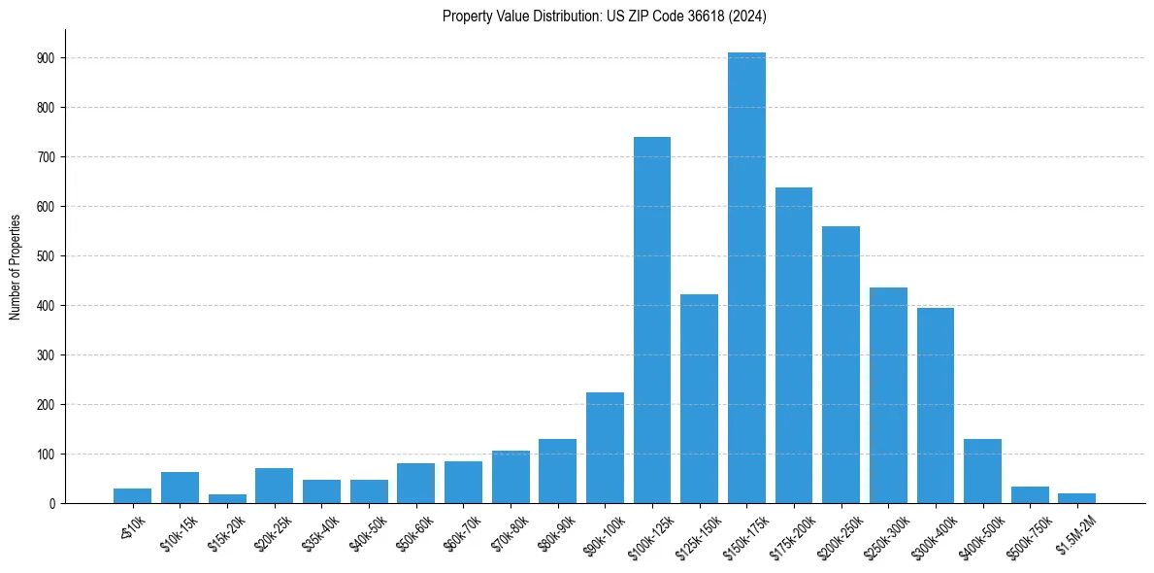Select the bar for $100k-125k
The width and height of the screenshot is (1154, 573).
click(x=652, y=320)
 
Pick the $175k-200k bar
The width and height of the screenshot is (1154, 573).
click(x=794, y=345)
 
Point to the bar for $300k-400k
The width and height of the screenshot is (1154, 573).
click(x=936, y=405)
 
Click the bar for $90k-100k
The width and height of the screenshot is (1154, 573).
click(x=605, y=448)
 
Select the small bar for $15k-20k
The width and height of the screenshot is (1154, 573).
click(x=227, y=498)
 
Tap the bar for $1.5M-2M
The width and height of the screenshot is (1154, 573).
click(x=1077, y=498)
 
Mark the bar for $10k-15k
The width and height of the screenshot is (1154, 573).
click(x=180, y=488)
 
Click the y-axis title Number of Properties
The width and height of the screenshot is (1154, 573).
click(x=16, y=266)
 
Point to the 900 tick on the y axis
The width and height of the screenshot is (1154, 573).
click(x=48, y=57)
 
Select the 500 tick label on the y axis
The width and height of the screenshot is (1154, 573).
click(x=48, y=255)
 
